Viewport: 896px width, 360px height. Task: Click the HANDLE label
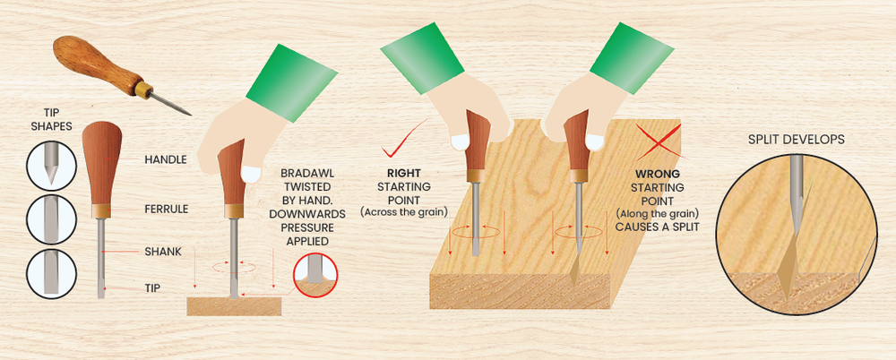point(166,159)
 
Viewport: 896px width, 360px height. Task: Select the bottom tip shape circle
point(50,271)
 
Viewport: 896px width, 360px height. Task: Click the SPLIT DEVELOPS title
point(796,141)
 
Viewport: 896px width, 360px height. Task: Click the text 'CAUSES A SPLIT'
point(658,227)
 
